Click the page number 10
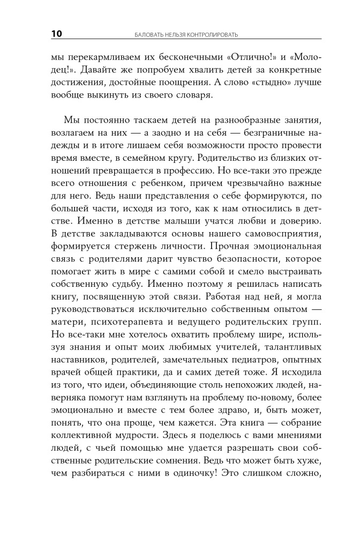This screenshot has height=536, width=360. (57, 34)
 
